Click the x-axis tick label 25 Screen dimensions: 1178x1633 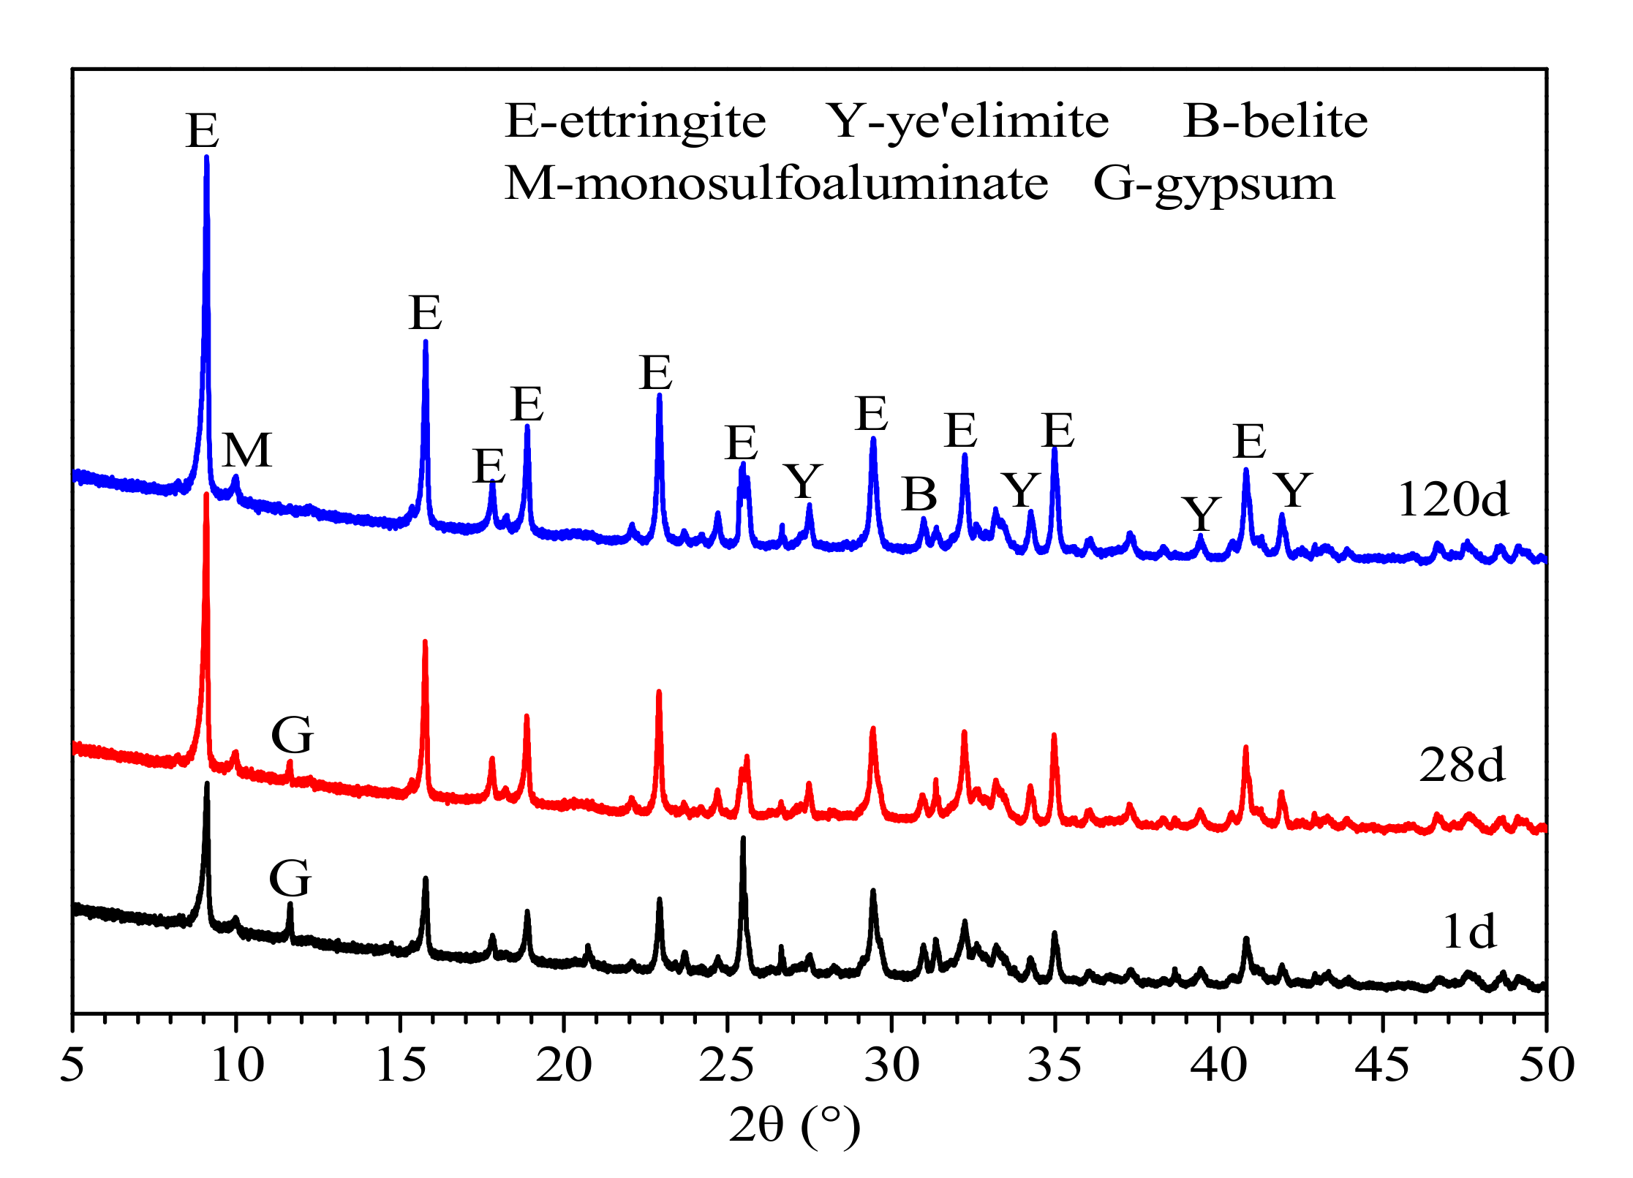click(726, 1066)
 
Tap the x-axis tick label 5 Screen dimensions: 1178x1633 click(72, 1066)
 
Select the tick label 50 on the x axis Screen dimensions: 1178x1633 click(1546, 1066)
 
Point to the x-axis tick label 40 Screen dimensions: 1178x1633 click(1218, 1066)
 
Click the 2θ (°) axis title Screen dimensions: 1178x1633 click(794, 1125)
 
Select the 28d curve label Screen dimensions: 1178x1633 click(1462, 766)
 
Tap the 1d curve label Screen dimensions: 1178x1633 click(1469, 932)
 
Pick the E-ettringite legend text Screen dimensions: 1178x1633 click(635, 121)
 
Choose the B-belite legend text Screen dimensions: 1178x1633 click(1275, 121)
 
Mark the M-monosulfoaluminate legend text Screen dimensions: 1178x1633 click(776, 183)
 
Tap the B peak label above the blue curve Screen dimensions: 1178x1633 click(919, 494)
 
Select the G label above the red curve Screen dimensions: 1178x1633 click(293, 734)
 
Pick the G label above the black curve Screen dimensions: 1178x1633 click(290, 877)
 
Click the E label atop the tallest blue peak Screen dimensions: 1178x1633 click(203, 132)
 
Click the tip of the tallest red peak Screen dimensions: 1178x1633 click(206, 495)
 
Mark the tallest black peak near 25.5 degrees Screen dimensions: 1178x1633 click(743, 838)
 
